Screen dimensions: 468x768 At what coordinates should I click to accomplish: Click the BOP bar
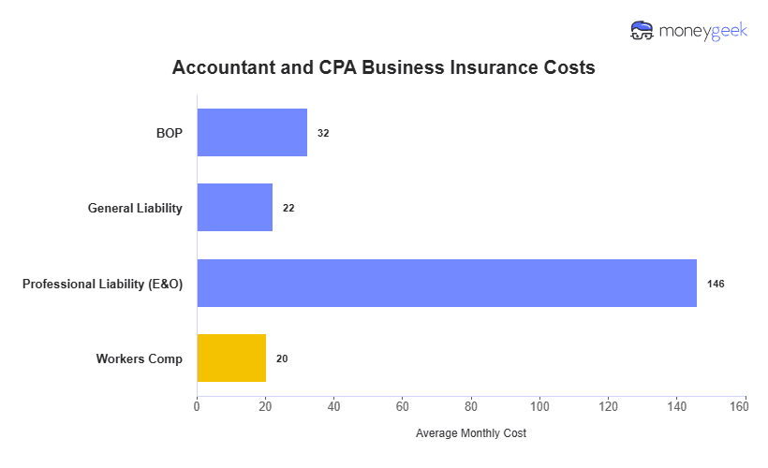coord(252,133)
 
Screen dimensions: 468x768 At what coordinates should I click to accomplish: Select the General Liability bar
coord(234,208)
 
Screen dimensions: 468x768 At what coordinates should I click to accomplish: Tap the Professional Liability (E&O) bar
coord(447,283)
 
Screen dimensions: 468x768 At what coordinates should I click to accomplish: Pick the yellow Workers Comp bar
coord(231,358)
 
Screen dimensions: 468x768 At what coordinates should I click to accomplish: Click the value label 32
coord(323,133)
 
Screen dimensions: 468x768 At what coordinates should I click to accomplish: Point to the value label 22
coord(288,208)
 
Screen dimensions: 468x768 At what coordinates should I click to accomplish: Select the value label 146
coord(716,283)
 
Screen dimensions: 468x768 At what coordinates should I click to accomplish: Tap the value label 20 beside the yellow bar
coord(282,358)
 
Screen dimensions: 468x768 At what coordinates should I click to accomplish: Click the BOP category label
coord(169,133)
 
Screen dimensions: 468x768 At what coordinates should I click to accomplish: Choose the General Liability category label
coord(135,208)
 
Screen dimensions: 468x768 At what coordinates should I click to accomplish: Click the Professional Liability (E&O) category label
coord(102,283)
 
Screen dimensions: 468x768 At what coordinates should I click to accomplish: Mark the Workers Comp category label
coord(139,358)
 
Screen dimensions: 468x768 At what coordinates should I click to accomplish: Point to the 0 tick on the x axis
coord(197,406)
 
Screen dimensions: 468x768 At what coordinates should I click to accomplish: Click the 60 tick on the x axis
coord(403,406)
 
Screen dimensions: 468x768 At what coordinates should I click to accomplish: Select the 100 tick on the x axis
coord(539,406)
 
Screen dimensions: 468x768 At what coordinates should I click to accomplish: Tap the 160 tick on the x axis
coord(746,406)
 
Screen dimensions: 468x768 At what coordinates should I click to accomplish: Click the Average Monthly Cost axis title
coord(471,433)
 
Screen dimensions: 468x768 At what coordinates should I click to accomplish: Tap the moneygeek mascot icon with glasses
coord(642,31)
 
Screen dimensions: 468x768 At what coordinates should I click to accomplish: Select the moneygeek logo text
coord(703,31)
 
